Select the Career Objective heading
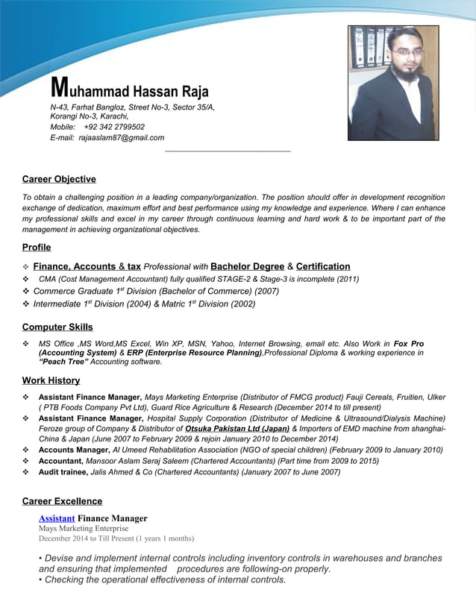point(59,179)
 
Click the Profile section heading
point(37,247)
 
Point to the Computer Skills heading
point(57,327)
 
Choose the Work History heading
point(51,380)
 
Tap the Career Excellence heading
point(62,501)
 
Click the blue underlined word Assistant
point(57,518)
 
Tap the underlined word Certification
point(323,266)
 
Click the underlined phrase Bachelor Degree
point(247,266)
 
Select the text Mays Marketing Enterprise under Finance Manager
point(84,529)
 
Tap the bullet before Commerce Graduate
point(26,292)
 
